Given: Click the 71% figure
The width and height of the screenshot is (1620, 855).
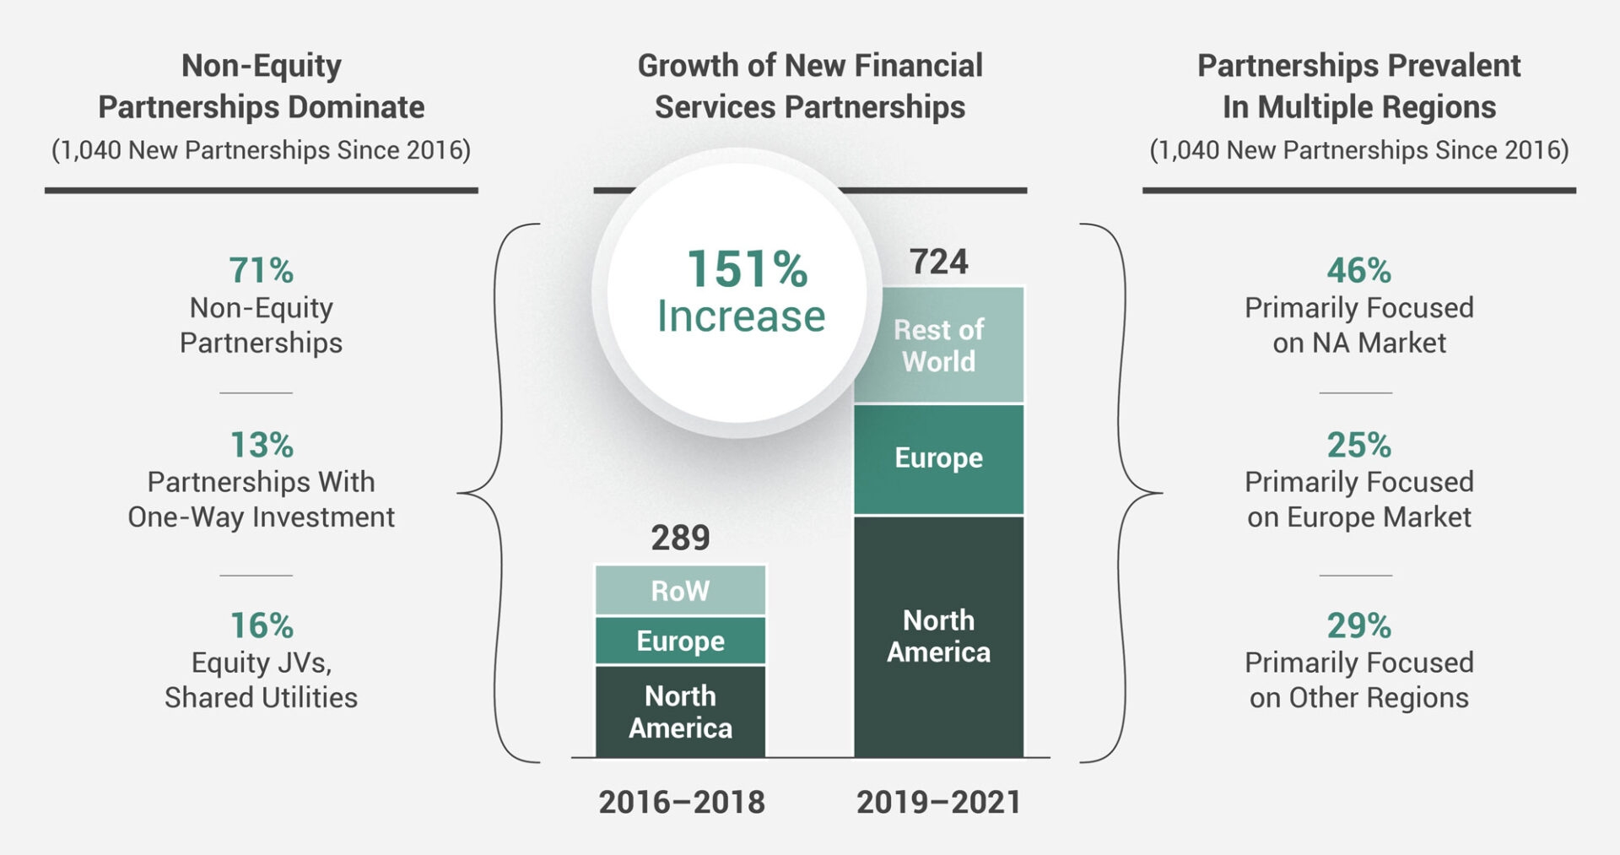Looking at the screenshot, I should click(262, 271).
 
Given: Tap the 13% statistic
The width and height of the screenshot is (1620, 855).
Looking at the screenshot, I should click(262, 445).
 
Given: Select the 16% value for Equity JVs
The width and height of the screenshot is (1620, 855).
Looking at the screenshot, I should click(262, 625).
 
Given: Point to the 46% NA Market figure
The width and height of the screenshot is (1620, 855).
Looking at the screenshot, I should click(1358, 271).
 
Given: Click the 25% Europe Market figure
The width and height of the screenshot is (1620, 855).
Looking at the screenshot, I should click(1358, 445).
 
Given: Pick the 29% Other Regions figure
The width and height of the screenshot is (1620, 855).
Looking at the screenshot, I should click(1358, 625).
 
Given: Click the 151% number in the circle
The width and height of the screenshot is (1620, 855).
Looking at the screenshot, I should click(747, 269).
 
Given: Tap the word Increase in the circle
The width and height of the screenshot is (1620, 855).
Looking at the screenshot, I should click(741, 317).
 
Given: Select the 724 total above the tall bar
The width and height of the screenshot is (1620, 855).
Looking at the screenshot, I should click(938, 262).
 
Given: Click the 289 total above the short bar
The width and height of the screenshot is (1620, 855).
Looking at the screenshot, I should click(680, 538).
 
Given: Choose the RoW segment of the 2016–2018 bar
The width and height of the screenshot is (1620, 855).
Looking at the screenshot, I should click(680, 590).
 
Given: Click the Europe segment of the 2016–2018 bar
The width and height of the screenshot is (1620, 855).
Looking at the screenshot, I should click(680, 641).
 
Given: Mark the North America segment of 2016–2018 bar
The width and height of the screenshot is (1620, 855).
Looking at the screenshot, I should click(680, 712).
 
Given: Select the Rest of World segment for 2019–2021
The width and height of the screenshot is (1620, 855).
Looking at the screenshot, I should click(938, 345).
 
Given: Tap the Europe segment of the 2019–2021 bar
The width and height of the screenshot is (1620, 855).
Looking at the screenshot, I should click(938, 458).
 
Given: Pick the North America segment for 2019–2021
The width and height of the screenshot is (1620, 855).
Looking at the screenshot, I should click(938, 636).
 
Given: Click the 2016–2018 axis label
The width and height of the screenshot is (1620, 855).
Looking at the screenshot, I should click(682, 802).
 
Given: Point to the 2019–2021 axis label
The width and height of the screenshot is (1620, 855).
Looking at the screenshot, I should click(938, 802).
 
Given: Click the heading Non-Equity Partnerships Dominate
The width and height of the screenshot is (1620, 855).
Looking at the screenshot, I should click(262, 86).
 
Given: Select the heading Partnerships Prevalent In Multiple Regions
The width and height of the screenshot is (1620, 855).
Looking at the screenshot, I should click(1358, 86).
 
